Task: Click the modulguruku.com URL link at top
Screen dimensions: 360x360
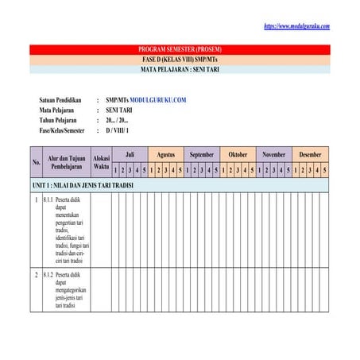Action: (x=296, y=26)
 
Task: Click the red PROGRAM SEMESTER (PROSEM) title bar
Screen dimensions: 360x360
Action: (x=180, y=49)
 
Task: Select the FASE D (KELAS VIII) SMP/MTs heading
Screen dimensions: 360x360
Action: (x=180, y=60)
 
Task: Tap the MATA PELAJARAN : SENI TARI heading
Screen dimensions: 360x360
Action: (x=180, y=69)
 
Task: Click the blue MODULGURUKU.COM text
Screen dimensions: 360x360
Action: (x=157, y=100)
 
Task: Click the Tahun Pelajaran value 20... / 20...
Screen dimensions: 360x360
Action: (x=122, y=119)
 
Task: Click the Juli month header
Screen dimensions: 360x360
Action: (x=130, y=154)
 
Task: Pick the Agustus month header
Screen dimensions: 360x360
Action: (x=166, y=154)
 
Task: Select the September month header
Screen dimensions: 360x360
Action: (x=202, y=154)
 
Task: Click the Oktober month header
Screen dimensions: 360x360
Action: (x=238, y=154)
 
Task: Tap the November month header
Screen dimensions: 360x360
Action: (x=273, y=154)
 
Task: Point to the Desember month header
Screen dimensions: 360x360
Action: (x=310, y=154)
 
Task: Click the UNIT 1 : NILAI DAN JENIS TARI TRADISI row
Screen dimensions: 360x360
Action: (x=83, y=184)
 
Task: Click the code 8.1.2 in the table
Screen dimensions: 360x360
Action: (x=48, y=274)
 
